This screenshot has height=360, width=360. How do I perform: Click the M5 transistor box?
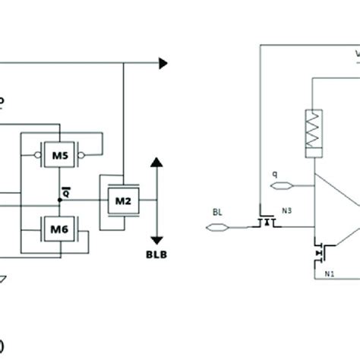coord(60,157)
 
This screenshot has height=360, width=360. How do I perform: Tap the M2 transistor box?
coord(123,201)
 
